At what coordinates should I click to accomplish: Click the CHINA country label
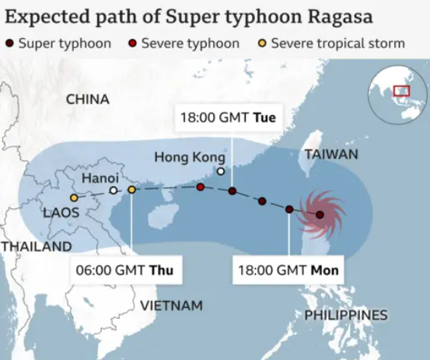[88, 100]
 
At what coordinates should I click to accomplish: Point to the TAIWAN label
[331, 154]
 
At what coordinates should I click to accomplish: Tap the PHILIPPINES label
[345, 315]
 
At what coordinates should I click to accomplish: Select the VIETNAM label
[171, 305]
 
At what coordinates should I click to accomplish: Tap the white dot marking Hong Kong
[221, 172]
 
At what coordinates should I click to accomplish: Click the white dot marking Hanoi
[114, 190]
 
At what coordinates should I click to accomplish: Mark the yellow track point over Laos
[74, 198]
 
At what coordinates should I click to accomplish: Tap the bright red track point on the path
[201, 187]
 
